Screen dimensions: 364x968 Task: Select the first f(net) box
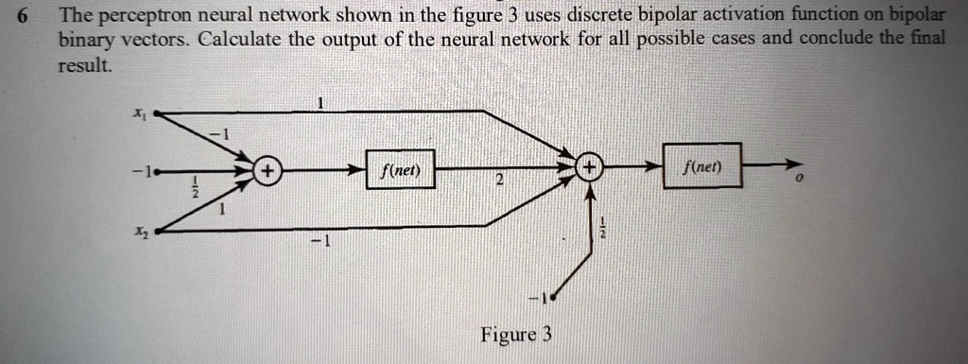[x=401, y=170]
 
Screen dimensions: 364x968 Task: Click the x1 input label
[x=139, y=113]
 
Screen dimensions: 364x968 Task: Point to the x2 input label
[x=140, y=233]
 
